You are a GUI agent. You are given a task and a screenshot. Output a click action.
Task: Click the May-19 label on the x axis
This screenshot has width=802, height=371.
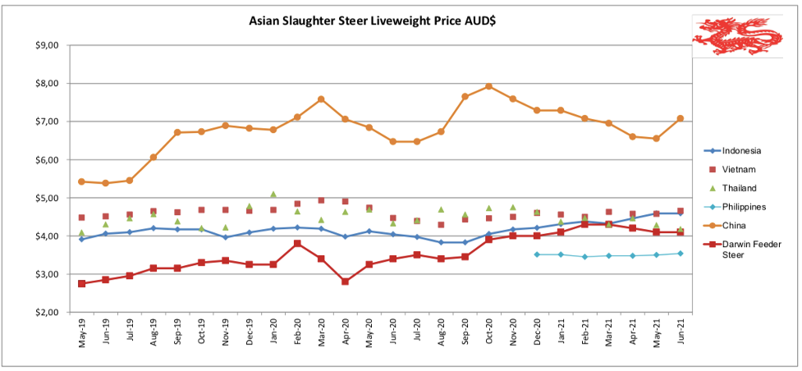click(82, 334)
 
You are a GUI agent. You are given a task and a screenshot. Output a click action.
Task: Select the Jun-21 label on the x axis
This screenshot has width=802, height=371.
click(681, 334)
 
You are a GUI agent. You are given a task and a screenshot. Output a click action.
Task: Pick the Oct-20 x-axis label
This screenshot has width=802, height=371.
click(489, 334)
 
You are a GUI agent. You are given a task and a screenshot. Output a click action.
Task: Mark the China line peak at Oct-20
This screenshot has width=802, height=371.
click(488, 86)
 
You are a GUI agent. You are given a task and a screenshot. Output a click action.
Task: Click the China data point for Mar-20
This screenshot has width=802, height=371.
click(321, 99)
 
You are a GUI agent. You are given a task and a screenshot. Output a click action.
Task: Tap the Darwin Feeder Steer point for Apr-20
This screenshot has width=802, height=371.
click(345, 282)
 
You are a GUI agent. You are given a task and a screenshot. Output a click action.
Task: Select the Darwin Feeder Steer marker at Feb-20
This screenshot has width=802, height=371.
click(297, 244)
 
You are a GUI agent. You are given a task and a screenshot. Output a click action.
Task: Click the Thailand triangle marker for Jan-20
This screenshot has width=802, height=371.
click(273, 195)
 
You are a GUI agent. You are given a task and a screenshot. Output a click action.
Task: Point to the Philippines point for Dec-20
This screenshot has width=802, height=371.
click(537, 254)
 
